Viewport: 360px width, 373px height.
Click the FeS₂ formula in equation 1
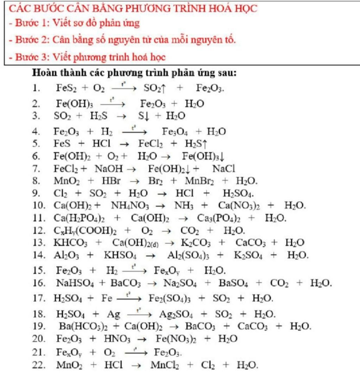pyautogui.click(x=66, y=88)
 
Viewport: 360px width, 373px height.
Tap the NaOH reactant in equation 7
pyautogui.click(x=109, y=169)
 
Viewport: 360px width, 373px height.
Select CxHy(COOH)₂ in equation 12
pyautogui.click(x=85, y=231)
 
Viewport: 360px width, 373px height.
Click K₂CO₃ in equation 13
pyautogui.click(x=196, y=243)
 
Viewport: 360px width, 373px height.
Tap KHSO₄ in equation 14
pyautogui.click(x=120, y=255)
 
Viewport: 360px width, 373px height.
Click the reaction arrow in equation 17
pyautogui.click(x=129, y=298)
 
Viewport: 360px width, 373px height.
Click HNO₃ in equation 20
pyautogui.click(x=117, y=339)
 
